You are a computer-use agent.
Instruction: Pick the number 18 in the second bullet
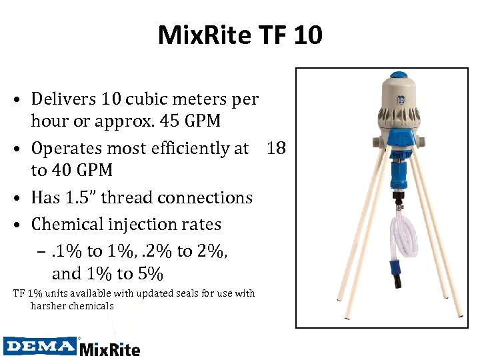tap(276, 148)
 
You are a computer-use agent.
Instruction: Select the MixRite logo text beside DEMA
tap(110, 347)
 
